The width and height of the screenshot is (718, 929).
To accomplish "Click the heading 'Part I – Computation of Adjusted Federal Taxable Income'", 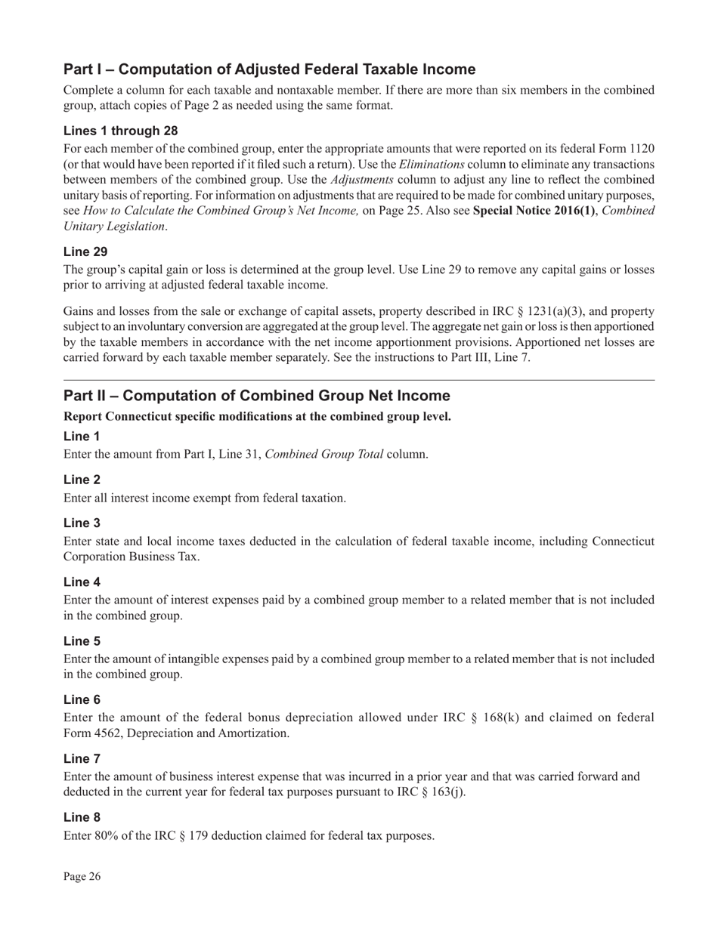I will point(269,69).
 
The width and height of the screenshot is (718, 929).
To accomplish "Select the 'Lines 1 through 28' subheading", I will point(121,130).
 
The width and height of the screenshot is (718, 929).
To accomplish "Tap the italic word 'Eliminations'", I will point(432,164).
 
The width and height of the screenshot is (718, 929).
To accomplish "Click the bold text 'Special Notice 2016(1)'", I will point(534,210).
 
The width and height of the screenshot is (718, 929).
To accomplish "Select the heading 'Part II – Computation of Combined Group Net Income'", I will point(256,396).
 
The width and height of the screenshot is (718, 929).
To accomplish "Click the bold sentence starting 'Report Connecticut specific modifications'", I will point(257,416).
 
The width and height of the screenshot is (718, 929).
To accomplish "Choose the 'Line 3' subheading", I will point(82,523).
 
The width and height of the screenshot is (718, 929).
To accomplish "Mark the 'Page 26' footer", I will point(82,876).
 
